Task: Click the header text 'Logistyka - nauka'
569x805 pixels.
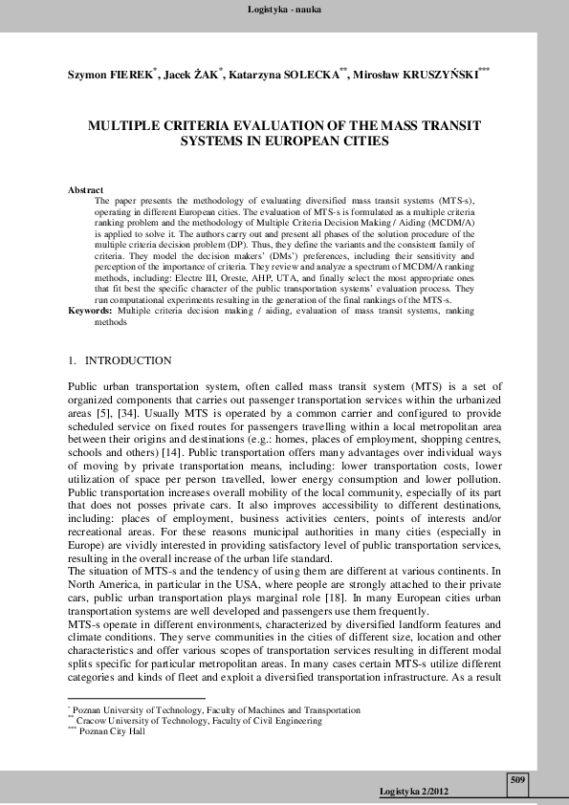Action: click(284, 10)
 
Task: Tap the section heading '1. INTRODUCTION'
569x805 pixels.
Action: click(120, 361)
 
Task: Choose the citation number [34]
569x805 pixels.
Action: click(134, 411)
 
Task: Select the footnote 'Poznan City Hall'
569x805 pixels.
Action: click(111, 732)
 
